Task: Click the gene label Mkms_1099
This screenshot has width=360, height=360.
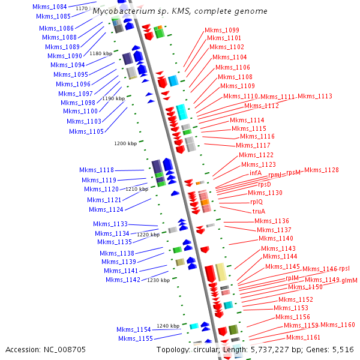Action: tap(222, 30)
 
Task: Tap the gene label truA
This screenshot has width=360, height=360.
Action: tap(259, 211)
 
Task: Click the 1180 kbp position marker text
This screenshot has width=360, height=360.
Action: tap(101, 53)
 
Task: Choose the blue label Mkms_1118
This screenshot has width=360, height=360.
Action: tap(98, 170)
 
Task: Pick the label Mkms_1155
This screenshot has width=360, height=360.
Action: tap(134, 338)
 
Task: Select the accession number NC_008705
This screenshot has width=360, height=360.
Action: tap(65, 349)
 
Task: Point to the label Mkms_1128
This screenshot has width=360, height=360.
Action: tap(321, 170)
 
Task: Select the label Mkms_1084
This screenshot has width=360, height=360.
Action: tap(50, 7)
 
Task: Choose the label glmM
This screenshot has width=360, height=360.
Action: tap(349, 280)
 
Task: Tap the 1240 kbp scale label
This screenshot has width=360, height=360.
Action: tap(168, 326)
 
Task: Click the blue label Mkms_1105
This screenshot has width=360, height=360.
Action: tap(86, 131)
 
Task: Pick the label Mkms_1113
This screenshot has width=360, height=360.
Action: tap(315, 96)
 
